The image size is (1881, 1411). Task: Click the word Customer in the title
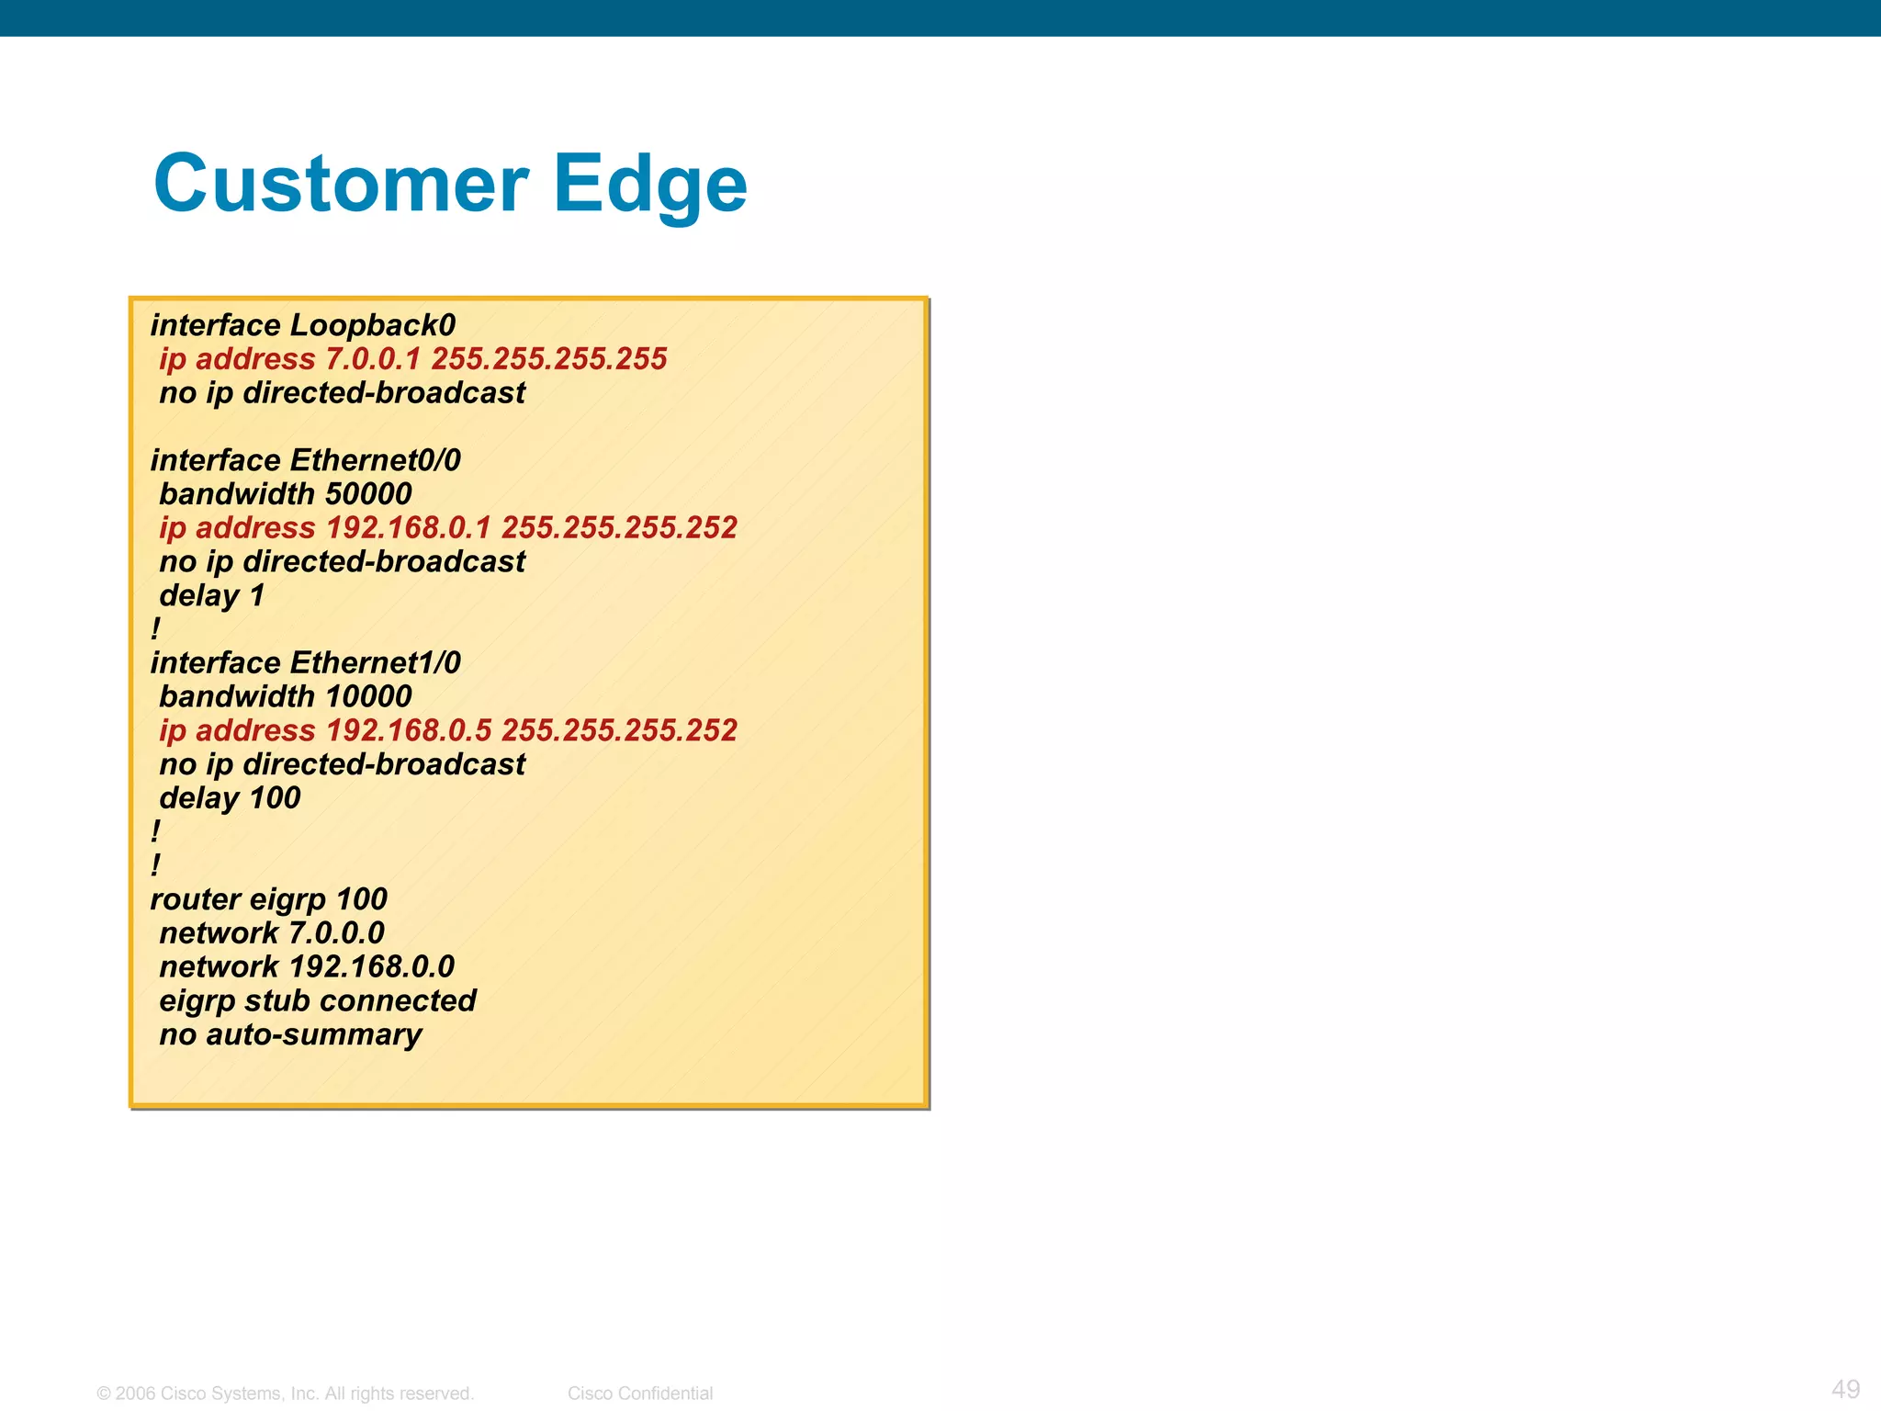click(341, 184)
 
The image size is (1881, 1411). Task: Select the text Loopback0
click(372, 325)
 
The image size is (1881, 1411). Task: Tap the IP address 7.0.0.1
click(373, 359)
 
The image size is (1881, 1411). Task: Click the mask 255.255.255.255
click(549, 359)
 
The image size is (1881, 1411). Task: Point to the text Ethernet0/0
click(375, 460)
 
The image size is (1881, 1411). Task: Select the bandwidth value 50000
click(368, 494)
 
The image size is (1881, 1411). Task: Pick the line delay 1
click(212, 596)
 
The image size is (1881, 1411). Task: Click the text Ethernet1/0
click(375, 663)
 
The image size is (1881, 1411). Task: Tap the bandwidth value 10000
click(368, 697)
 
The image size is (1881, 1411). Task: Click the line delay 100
click(230, 798)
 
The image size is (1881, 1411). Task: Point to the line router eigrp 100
click(268, 899)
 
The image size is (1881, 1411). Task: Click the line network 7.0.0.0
click(272, 933)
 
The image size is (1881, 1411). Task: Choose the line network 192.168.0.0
click(307, 967)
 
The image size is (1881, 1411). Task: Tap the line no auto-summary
click(290, 1035)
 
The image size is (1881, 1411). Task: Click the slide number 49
click(1845, 1389)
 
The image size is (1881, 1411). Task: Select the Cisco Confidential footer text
click(640, 1394)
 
